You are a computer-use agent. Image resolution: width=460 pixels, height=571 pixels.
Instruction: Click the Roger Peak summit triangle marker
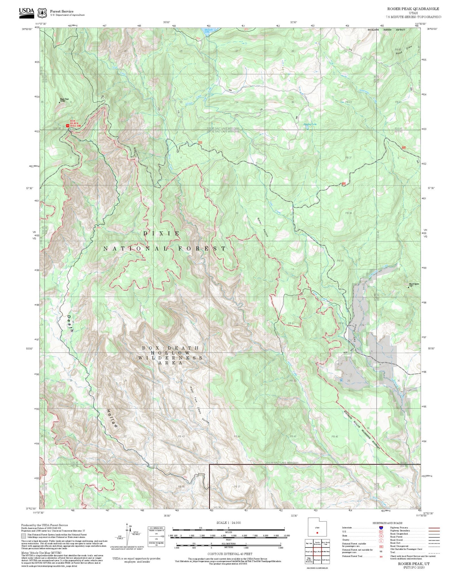click(60, 102)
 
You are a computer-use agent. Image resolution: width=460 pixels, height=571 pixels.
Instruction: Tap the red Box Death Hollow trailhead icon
click(67, 126)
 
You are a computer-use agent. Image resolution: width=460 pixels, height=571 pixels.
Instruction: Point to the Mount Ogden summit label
click(414, 284)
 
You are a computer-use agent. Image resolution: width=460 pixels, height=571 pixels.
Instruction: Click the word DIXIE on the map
click(161, 233)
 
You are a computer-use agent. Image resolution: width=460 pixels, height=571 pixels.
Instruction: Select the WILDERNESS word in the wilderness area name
click(170, 358)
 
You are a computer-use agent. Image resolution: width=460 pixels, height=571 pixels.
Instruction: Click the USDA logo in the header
click(26, 12)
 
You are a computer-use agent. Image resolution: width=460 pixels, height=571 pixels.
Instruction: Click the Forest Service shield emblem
click(42, 13)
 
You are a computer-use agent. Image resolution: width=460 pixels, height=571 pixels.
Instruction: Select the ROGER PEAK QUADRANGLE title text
click(413, 9)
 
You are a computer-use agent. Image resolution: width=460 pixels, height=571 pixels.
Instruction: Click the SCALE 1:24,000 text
click(229, 523)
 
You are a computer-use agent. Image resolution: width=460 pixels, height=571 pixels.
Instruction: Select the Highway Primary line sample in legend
click(434, 528)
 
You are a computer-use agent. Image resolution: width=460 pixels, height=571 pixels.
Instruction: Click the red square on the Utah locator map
click(317, 532)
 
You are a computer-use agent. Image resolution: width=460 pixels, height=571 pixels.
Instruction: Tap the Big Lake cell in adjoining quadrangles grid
click(309, 543)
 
